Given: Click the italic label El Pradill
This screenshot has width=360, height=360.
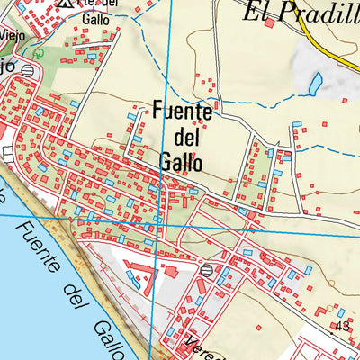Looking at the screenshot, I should coord(301,12).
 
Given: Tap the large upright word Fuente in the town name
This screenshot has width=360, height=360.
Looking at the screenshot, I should coord(183,113).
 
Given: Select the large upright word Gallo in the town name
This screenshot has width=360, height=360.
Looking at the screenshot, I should coord(181,163).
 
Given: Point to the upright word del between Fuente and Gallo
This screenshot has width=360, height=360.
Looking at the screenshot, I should coord(184,139).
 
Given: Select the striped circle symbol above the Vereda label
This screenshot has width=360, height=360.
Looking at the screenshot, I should coord(208,269).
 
